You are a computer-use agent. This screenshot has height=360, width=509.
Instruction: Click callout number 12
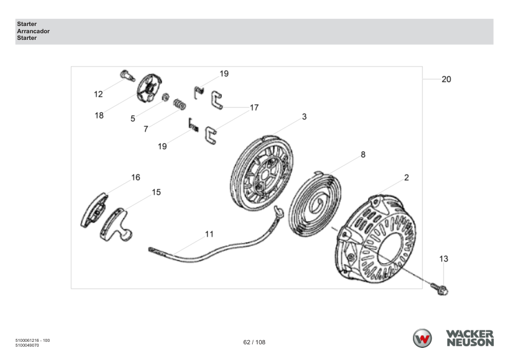(98, 94)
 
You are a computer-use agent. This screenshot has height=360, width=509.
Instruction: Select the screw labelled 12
(126, 74)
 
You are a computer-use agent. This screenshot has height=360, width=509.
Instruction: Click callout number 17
(254, 108)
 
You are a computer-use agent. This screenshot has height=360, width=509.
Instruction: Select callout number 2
(406, 178)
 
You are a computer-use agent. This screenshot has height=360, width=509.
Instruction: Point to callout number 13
(443, 259)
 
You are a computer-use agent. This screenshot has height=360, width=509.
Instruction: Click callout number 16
(135, 178)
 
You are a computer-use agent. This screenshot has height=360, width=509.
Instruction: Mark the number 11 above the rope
(209, 234)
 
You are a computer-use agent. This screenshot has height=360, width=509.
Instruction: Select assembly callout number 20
(446, 79)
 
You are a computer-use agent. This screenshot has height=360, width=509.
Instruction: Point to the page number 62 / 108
(254, 342)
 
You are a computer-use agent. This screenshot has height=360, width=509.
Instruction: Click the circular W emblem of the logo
(423, 339)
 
